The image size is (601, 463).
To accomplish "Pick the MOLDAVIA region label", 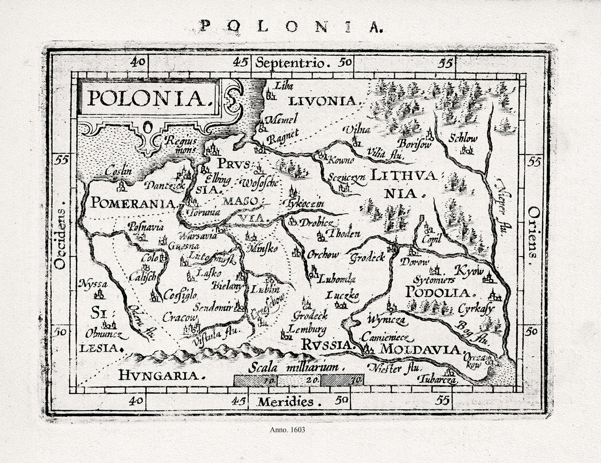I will pos(420,349).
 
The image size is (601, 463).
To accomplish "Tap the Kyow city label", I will pos(470,271).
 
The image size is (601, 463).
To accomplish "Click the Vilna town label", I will pos(356,130).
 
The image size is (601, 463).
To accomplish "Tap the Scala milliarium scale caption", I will pos(297,368).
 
